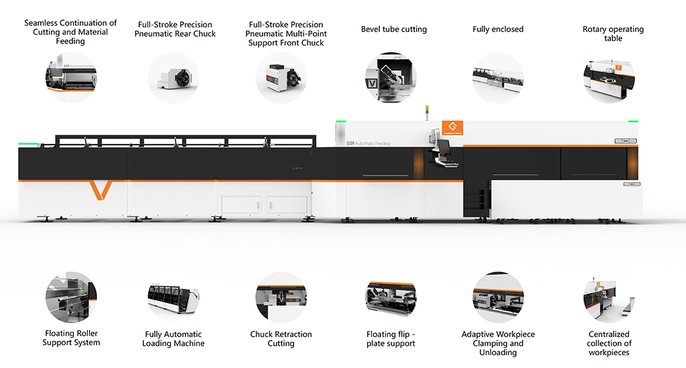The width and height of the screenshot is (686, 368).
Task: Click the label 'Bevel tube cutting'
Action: coord(393,29)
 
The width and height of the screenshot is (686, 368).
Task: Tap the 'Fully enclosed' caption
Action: coord(498,29)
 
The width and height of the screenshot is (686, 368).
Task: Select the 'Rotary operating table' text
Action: coord(612,34)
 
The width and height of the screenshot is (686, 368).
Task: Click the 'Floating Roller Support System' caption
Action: coord(71,338)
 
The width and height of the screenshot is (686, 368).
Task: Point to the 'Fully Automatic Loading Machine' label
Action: coord(174,339)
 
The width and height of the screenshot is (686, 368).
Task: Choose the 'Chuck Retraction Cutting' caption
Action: coord(281,339)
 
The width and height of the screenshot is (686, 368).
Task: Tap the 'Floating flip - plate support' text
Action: coord(391,339)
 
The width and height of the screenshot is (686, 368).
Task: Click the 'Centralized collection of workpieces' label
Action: coord(609,343)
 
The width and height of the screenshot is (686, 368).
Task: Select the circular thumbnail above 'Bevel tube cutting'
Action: coord(391,77)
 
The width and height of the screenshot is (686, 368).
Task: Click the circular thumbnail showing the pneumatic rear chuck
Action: coord(174,77)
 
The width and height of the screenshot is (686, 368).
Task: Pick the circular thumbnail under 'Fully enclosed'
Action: coord(498,77)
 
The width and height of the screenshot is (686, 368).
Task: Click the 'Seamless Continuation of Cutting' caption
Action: coord(71,32)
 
